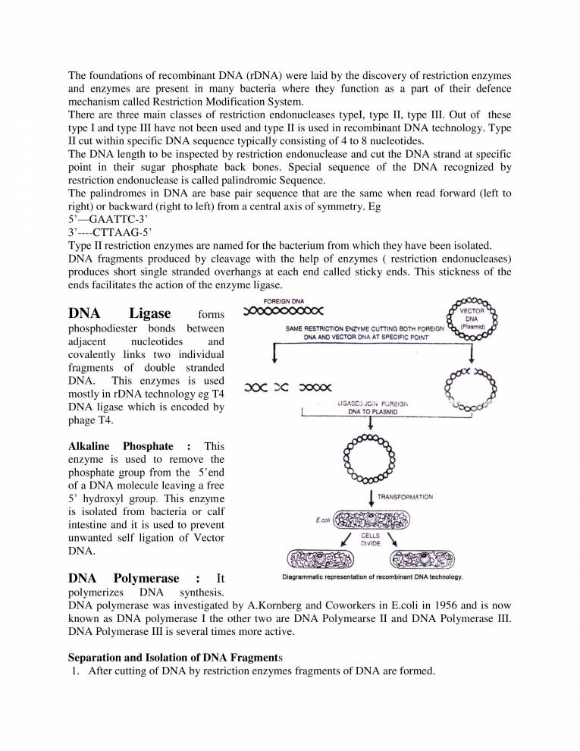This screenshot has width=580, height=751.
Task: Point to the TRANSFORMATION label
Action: pos(405,498)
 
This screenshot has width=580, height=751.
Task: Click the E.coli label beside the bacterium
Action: pos(321,521)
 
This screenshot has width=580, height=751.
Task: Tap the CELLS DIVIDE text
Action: pos(371,540)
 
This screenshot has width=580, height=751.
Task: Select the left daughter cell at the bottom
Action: pos(319,560)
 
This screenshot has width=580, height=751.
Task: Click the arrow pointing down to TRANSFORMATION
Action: pos(372,498)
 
